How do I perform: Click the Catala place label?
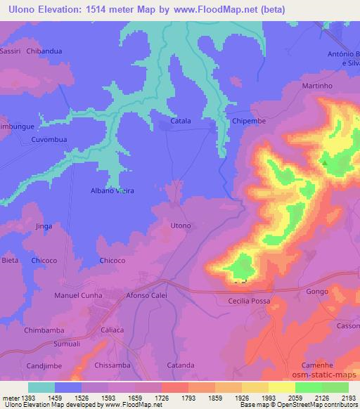181,121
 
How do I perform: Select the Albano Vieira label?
112,190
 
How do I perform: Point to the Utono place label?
181,225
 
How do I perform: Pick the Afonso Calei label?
146,295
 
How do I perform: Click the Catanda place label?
181,365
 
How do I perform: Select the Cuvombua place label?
49,139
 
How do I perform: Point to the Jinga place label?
44,226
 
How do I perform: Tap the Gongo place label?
317,290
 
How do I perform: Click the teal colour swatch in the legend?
41,387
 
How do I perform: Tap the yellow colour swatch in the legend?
281,387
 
